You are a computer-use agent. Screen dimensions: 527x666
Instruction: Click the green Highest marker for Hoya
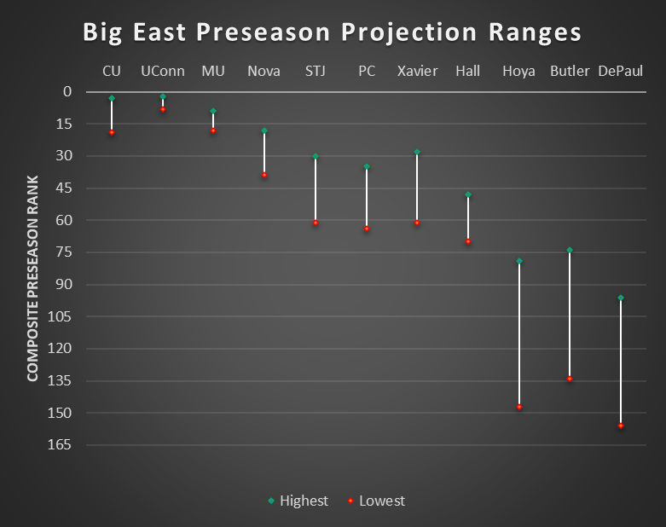[519, 261]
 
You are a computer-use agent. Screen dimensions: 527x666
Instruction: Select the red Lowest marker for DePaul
[621, 425]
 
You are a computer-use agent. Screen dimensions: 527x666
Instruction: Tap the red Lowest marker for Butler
[570, 379]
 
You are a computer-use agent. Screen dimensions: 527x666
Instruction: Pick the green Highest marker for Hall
[468, 194]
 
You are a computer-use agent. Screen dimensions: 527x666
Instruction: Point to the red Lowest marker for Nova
[264, 175]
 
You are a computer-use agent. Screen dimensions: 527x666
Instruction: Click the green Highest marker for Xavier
[417, 152]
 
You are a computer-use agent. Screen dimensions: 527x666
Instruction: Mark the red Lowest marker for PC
[367, 229]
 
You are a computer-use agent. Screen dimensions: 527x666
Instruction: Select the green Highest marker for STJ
[316, 156]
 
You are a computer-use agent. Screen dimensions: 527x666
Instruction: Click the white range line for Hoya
[519, 333]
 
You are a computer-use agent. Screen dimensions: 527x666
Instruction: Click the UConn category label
[162, 71]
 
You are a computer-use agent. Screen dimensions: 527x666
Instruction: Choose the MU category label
[213, 71]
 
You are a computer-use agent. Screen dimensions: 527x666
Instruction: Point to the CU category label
[112, 71]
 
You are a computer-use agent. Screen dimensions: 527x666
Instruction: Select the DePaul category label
[621, 71]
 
